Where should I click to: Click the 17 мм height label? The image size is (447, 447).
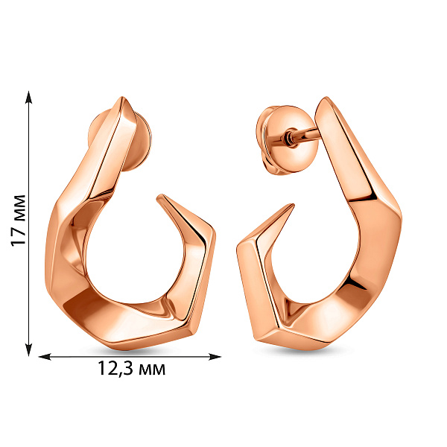click(18, 221)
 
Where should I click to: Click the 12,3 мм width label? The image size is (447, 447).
click(131, 368)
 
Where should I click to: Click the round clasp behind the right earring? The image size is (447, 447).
click(285, 140)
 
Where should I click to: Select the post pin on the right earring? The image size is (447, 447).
click(305, 135)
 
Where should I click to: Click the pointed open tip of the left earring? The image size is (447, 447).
click(160, 197)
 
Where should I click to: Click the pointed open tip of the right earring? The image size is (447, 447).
click(291, 206)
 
